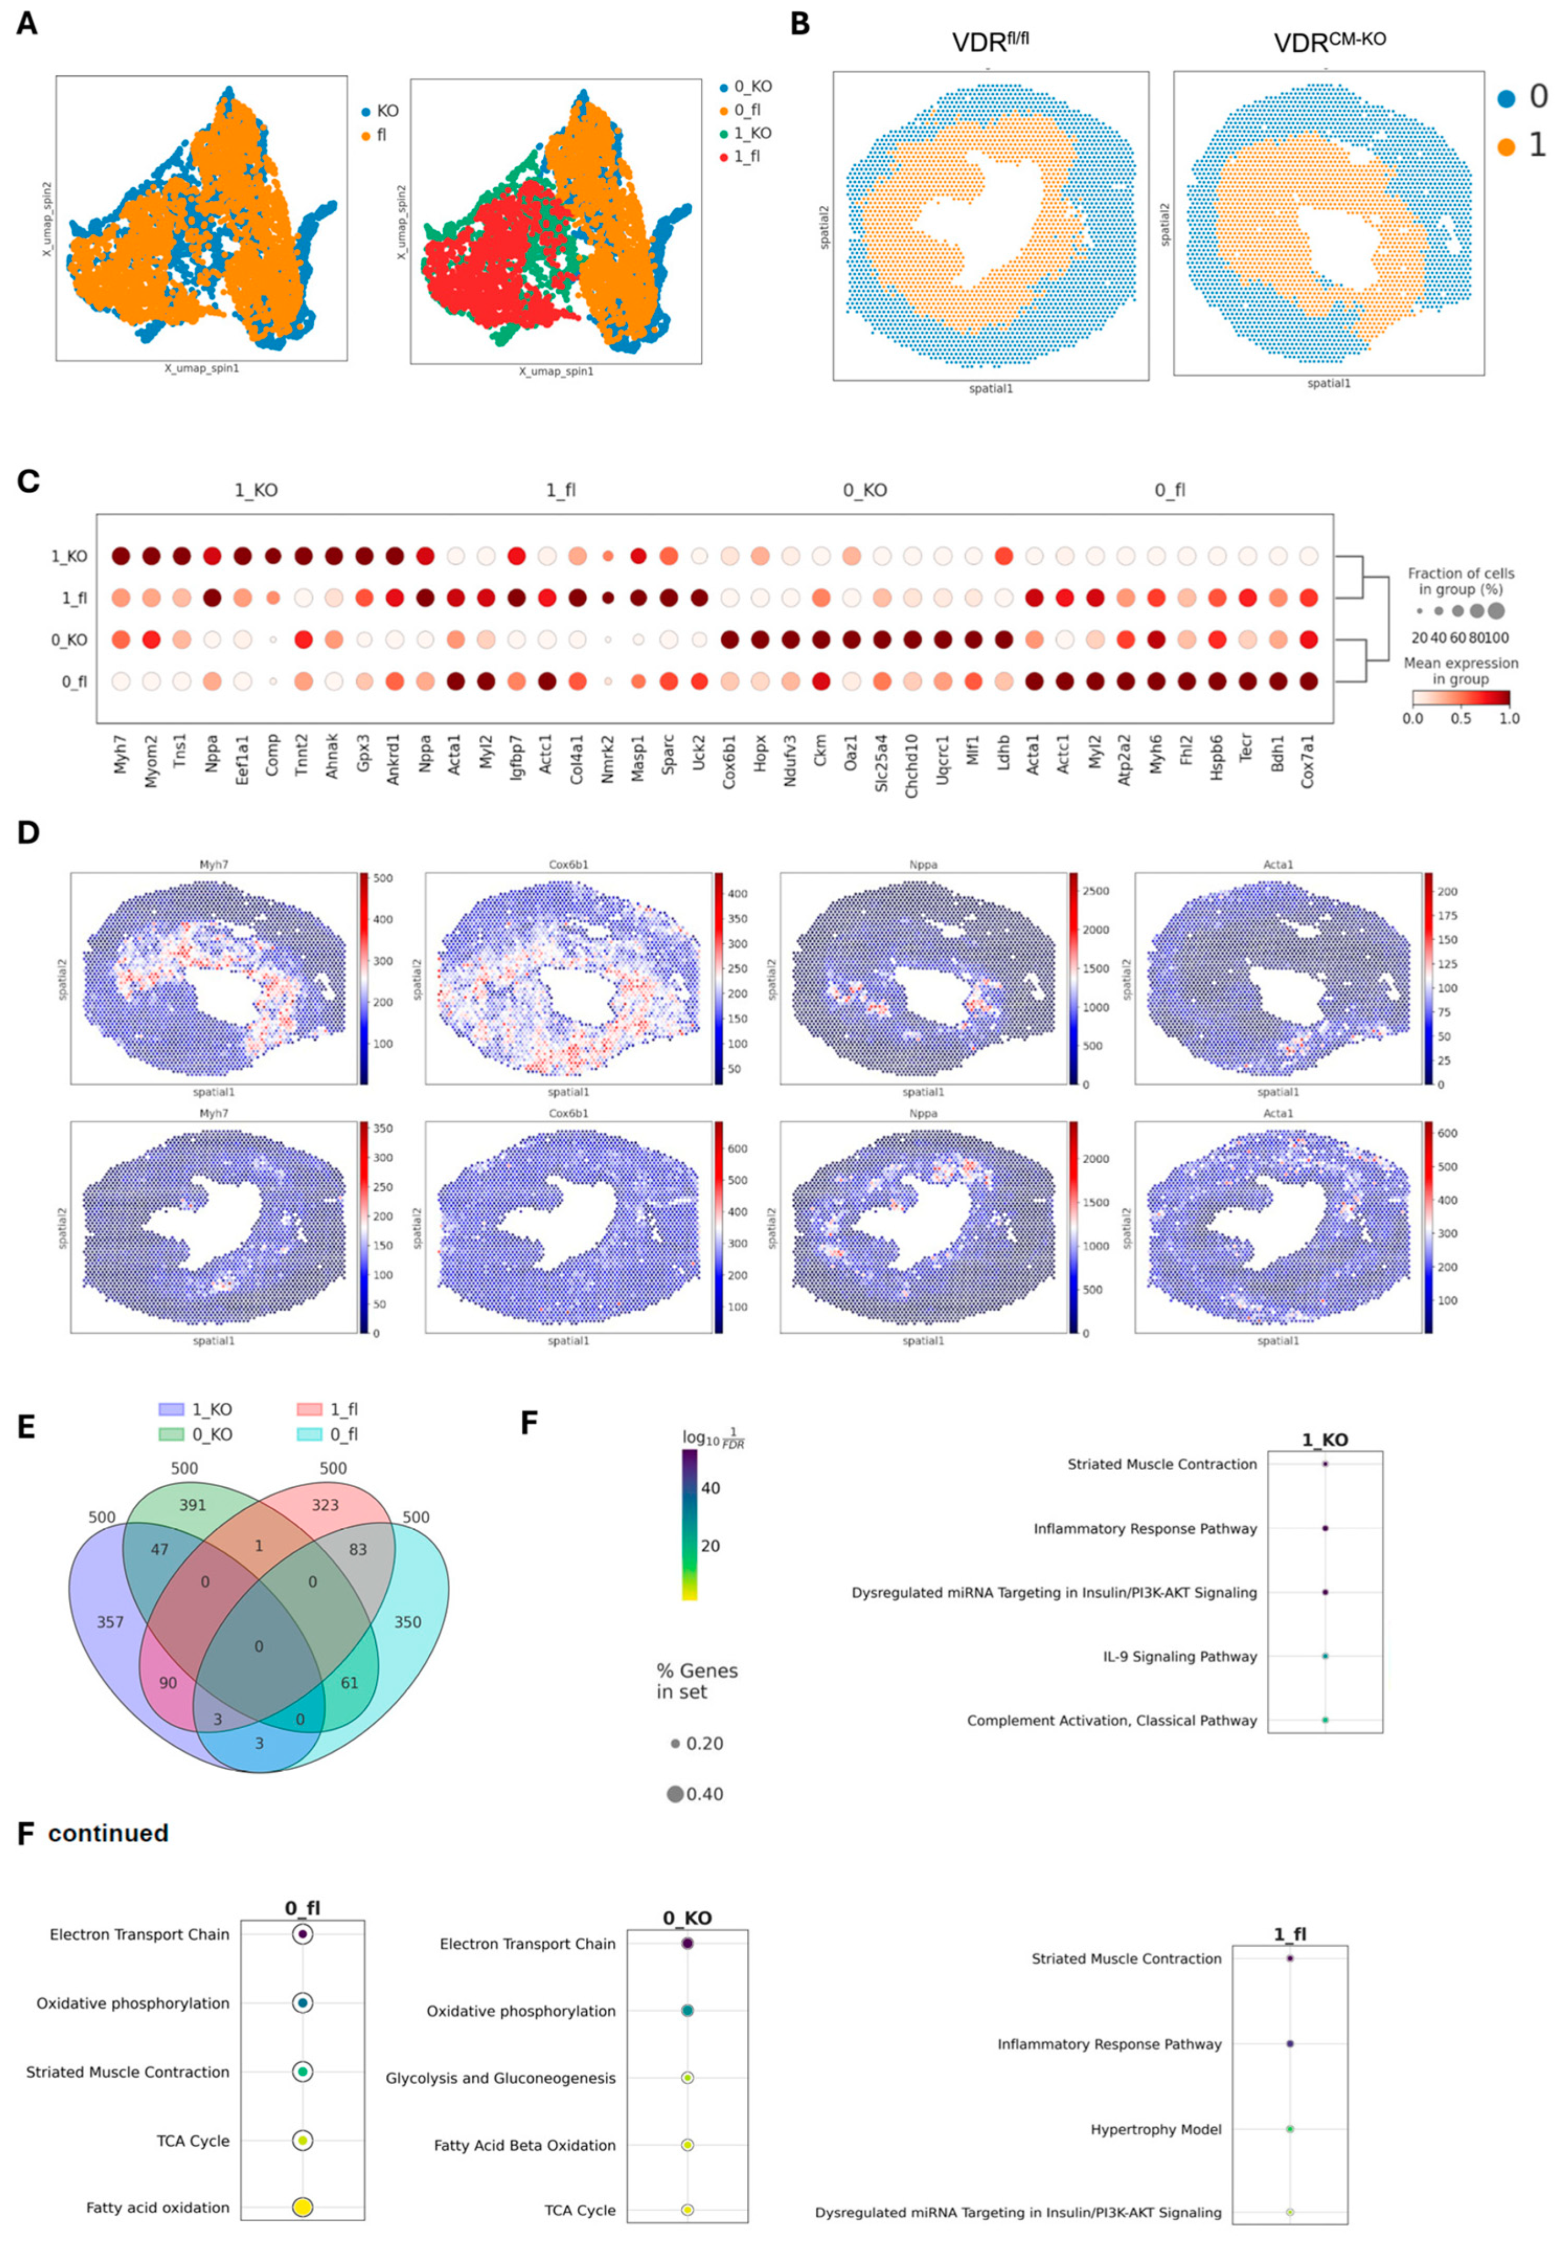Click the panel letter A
coord(28,24)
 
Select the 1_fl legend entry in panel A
coord(746,156)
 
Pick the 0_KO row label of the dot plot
coord(69,640)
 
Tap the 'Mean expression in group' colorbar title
coord(1460,671)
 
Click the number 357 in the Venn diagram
coord(110,1621)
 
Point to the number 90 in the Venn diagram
coord(168,1683)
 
